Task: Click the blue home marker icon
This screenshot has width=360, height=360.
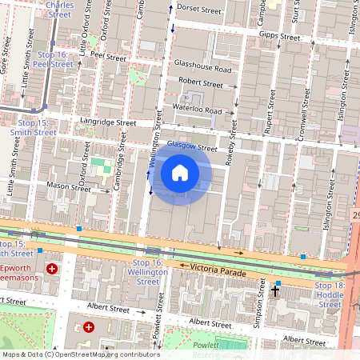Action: [x=180, y=173]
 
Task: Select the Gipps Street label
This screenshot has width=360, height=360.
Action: [x=280, y=37]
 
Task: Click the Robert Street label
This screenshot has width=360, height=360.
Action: [x=201, y=82]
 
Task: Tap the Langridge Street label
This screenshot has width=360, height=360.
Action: [x=104, y=122]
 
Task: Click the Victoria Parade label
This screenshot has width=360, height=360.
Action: [x=218, y=271]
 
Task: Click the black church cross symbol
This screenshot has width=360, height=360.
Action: [x=276, y=291]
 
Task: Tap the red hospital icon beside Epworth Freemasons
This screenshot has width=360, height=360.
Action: [x=53, y=270]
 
